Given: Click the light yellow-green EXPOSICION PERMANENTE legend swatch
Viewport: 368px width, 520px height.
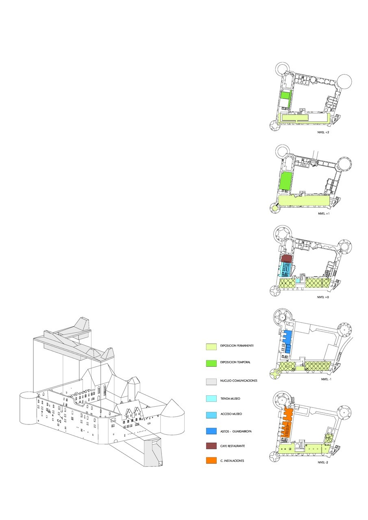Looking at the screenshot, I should (211, 347).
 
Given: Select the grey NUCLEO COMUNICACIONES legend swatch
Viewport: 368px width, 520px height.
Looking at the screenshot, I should (211, 381).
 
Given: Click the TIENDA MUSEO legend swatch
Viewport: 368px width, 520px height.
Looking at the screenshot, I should (211, 399).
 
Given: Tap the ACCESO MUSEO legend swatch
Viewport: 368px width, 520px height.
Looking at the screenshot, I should (211, 414).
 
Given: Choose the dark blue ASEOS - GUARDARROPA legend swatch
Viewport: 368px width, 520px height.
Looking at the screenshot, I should (211, 431).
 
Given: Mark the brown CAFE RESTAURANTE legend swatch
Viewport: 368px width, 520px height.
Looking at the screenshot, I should (211, 446).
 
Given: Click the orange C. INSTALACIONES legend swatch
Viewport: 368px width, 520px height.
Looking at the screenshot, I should (211, 461).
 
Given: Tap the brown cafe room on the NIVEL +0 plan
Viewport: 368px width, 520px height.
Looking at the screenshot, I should (287, 258).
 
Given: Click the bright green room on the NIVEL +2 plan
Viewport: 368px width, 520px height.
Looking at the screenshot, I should (285, 100).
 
